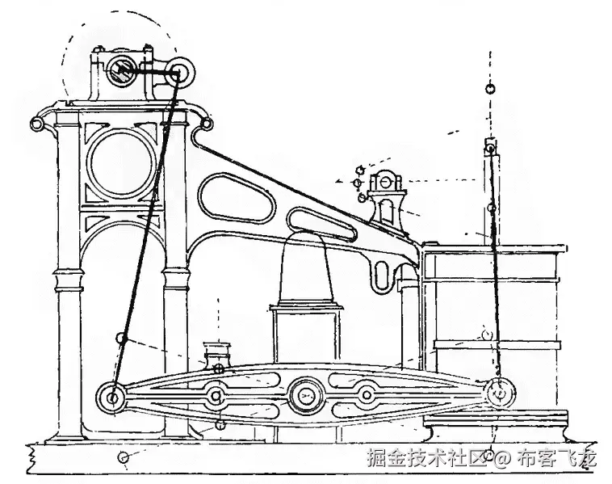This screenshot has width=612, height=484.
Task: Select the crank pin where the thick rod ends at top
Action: [179, 73]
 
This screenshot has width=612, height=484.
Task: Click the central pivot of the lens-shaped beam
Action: [306, 395]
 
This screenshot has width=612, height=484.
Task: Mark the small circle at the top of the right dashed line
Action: [490, 88]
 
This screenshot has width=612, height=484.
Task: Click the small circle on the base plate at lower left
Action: [123, 458]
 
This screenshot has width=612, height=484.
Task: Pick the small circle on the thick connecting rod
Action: [121, 338]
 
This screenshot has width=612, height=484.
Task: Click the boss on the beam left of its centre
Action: [216, 396]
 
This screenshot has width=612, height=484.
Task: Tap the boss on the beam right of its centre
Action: [367, 394]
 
